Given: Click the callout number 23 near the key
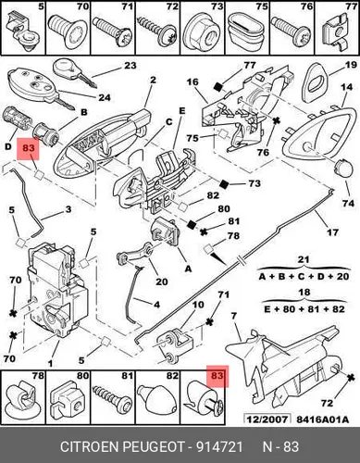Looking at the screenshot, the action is [130, 66].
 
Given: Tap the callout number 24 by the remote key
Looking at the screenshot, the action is [104, 97].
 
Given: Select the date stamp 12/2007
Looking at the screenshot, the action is [267, 419].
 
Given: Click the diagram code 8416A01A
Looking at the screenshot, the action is [323, 419].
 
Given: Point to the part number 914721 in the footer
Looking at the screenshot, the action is [220, 446].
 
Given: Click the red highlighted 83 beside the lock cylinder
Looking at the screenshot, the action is [28, 148].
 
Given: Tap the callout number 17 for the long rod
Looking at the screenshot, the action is [332, 231].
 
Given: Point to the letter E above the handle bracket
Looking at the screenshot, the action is [182, 110].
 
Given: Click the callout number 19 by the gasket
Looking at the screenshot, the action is [351, 65].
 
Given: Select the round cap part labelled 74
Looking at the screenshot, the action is [343, 169].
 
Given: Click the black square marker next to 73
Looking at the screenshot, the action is [224, 184].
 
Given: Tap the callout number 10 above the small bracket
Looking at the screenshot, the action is [198, 305].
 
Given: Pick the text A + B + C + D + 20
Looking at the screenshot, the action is [304, 276].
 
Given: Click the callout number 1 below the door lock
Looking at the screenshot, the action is [50, 364].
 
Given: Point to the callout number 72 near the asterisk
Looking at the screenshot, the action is [328, 403].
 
